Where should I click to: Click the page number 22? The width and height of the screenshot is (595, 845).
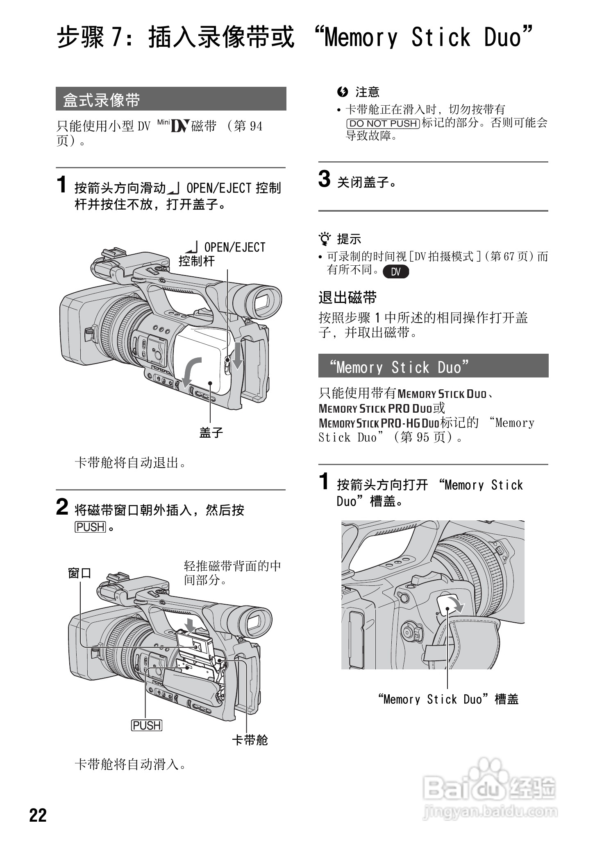point(38,815)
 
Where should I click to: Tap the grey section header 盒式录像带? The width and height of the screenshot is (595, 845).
point(170,99)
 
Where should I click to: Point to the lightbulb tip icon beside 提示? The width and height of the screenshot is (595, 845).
point(325,238)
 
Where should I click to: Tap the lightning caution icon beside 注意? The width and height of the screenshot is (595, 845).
point(342,92)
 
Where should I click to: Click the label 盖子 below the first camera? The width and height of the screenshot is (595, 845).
point(211,433)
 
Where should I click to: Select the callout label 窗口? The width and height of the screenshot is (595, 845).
point(79,573)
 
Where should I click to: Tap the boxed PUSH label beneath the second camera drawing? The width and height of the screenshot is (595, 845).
point(146,725)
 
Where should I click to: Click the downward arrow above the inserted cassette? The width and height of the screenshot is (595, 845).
point(190,624)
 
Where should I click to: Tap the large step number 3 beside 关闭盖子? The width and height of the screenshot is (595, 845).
point(324,179)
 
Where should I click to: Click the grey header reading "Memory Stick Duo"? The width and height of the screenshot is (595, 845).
point(433,366)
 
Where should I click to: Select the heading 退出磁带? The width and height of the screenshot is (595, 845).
point(347,298)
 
